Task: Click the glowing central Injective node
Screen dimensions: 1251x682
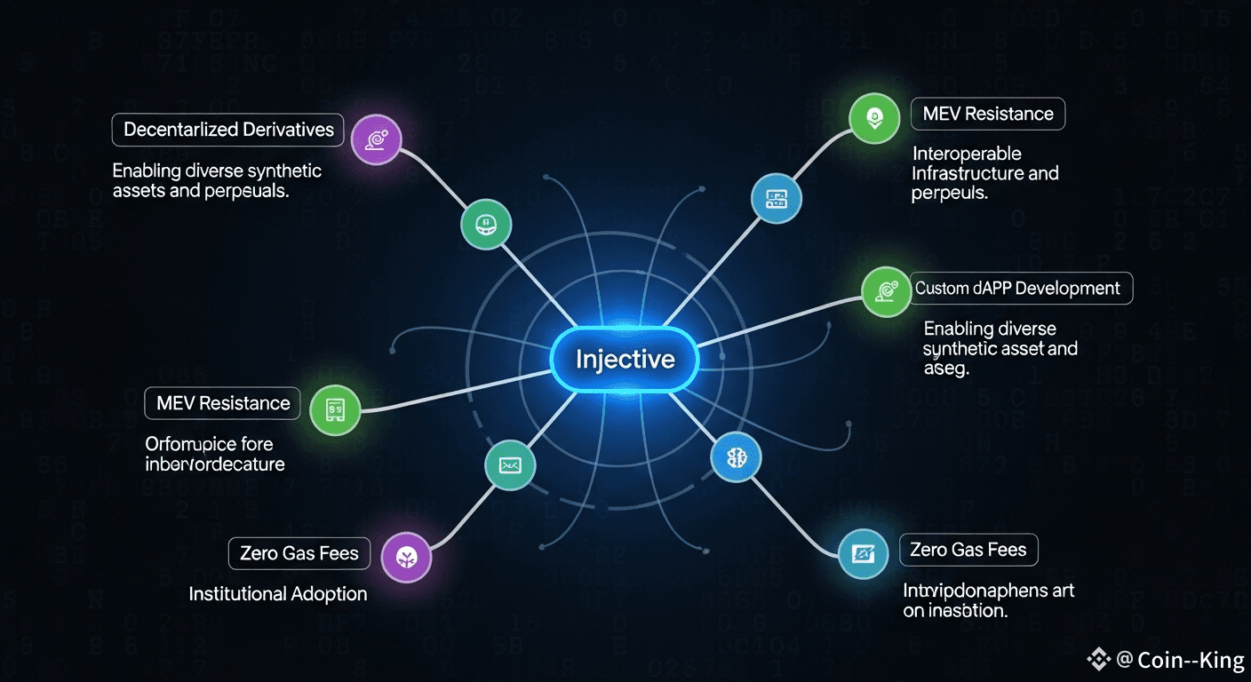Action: [x=625, y=360]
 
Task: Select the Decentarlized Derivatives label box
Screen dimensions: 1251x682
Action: [x=228, y=130]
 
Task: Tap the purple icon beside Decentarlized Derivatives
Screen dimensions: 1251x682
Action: [x=377, y=139]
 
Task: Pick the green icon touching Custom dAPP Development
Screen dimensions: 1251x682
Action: [x=886, y=291]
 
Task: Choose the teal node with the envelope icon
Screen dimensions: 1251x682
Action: [x=510, y=464]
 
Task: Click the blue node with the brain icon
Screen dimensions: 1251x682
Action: [x=737, y=457]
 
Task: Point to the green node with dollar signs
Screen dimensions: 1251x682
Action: [x=335, y=410]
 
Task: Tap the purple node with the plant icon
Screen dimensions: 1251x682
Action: [x=406, y=558]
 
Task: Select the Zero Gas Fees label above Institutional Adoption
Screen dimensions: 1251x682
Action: [x=299, y=554]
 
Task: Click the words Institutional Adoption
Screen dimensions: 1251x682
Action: [x=278, y=594]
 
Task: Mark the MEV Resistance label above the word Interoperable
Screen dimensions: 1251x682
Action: [x=988, y=114]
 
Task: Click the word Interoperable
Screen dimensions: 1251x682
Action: [x=966, y=155]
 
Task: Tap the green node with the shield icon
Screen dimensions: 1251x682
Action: [x=874, y=116]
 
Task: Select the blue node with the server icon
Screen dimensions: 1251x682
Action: [x=777, y=200]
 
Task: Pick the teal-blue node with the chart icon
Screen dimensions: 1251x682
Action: [x=864, y=555]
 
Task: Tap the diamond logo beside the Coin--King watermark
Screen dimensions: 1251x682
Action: [x=1099, y=659]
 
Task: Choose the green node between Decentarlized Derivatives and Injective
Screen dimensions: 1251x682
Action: [x=485, y=223]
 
